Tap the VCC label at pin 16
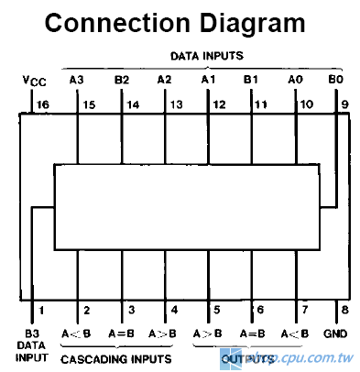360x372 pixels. (x=34, y=82)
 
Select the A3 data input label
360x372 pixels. (x=77, y=81)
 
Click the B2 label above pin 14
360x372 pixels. (x=121, y=81)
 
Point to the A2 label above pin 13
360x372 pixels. (x=165, y=81)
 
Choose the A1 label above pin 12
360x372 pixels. (x=208, y=81)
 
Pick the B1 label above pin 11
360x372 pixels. (x=252, y=81)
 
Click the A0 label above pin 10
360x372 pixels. (x=295, y=81)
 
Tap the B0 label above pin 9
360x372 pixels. (x=335, y=81)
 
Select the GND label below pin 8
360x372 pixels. (x=335, y=334)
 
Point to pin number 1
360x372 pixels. (x=40, y=310)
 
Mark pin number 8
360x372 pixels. (x=344, y=310)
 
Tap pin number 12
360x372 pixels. (x=218, y=104)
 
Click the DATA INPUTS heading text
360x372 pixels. (x=210, y=55)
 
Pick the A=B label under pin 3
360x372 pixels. (x=121, y=334)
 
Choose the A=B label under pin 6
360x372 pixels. (x=252, y=334)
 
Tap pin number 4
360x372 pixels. (x=174, y=310)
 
